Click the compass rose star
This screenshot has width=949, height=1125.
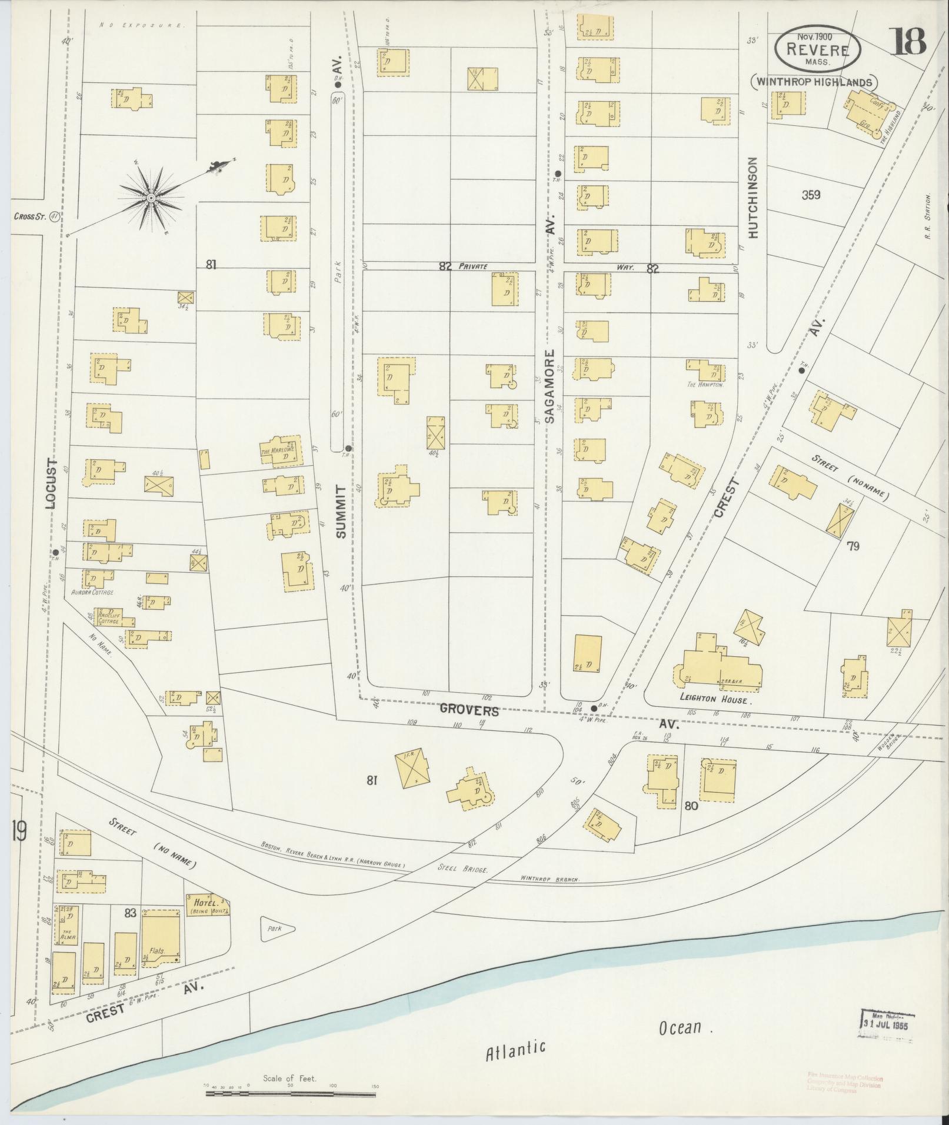click(x=151, y=198)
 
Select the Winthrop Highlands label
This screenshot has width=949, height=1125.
click(x=814, y=82)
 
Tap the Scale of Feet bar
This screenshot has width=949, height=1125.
click(x=291, y=1094)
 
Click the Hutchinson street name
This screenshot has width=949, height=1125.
click(x=754, y=197)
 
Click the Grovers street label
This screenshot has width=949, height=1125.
click(x=469, y=711)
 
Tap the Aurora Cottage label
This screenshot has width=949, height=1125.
click(x=92, y=593)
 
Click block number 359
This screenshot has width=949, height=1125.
click(x=810, y=195)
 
